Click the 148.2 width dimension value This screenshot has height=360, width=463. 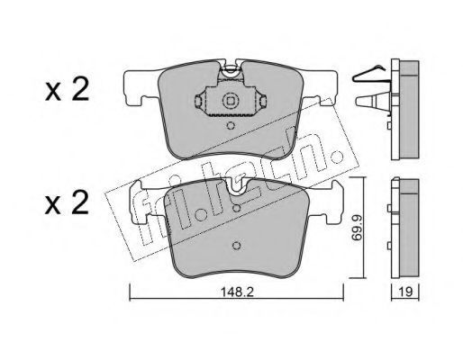[x=237, y=292]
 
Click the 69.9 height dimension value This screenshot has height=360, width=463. [x=357, y=228]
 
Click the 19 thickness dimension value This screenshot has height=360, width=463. [x=405, y=292]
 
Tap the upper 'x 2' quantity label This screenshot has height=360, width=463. [x=67, y=89]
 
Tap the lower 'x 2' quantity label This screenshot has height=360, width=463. [x=67, y=202]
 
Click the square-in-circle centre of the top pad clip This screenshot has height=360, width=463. [x=230, y=101]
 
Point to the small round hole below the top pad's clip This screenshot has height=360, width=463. [x=231, y=125]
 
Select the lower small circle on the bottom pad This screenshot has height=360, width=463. [x=237, y=246]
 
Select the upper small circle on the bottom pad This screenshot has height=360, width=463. [x=237, y=208]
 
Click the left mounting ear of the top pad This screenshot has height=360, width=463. [x=141, y=87]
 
